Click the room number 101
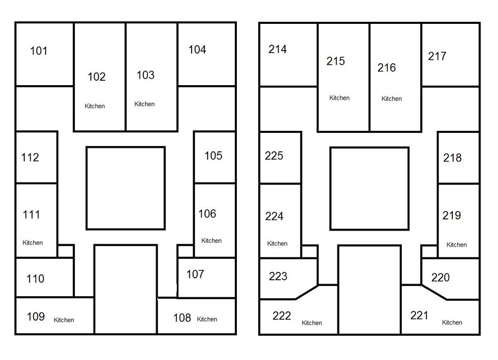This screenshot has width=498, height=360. pyautogui.click(x=39, y=51)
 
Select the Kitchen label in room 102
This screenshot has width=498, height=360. pyautogui.click(x=95, y=106)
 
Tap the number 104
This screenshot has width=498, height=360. pyautogui.click(x=197, y=50)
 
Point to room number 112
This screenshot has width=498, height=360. pyautogui.click(x=30, y=158)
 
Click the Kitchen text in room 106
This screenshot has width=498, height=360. pyautogui.click(x=212, y=241)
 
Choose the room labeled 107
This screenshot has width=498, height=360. pyautogui.click(x=195, y=274)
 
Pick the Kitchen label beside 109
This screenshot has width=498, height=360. pyautogui.click(x=64, y=320)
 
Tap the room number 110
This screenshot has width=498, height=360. pyautogui.click(x=35, y=279)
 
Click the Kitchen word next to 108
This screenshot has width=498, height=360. pyautogui.click(x=207, y=320)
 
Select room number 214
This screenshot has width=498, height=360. pyautogui.click(x=278, y=49)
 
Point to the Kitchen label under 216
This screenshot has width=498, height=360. pyautogui.click(x=391, y=99)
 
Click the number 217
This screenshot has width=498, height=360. pyautogui.click(x=437, y=56)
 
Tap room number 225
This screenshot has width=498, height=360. pyautogui.click(x=274, y=156)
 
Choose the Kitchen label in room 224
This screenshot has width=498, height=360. pyautogui.click(x=277, y=244)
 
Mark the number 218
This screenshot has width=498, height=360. pyautogui.click(x=452, y=158)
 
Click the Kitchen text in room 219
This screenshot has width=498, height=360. pyautogui.click(x=457, y=245)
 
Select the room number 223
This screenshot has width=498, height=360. pyautogui.click(x=278, y=276)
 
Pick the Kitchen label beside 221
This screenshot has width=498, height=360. pyautogui.click(x=452, y=323)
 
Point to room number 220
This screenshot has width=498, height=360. pyautogui.click(x=441, y=278)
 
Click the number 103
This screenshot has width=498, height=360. pyautogui.click(x=145, y=75)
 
